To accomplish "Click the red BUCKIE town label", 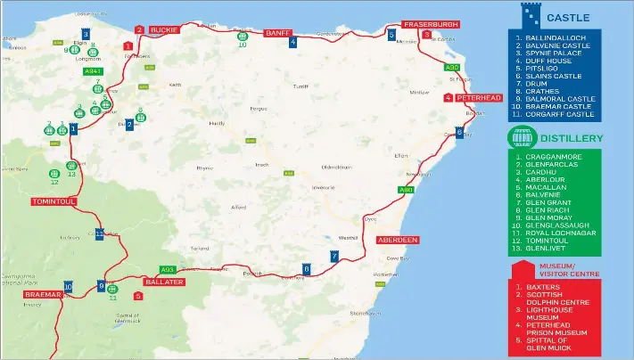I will click(x=164, y=29).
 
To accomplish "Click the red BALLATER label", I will click(x=164, y=282).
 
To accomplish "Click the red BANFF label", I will click(x=277, y=33).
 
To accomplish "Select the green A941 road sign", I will click(x=93, y=70).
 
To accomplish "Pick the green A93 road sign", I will click(x=167, y=269).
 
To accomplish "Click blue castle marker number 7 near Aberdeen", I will click(x=334, y=257).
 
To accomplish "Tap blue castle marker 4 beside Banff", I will click(x=292, y=41).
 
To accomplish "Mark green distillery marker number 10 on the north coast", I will click(x=242, y=36).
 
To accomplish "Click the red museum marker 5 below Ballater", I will click(x=137, y=296).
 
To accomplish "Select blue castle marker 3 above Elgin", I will click(x=86, y=35).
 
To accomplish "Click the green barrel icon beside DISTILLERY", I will click(x=521, y=138).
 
